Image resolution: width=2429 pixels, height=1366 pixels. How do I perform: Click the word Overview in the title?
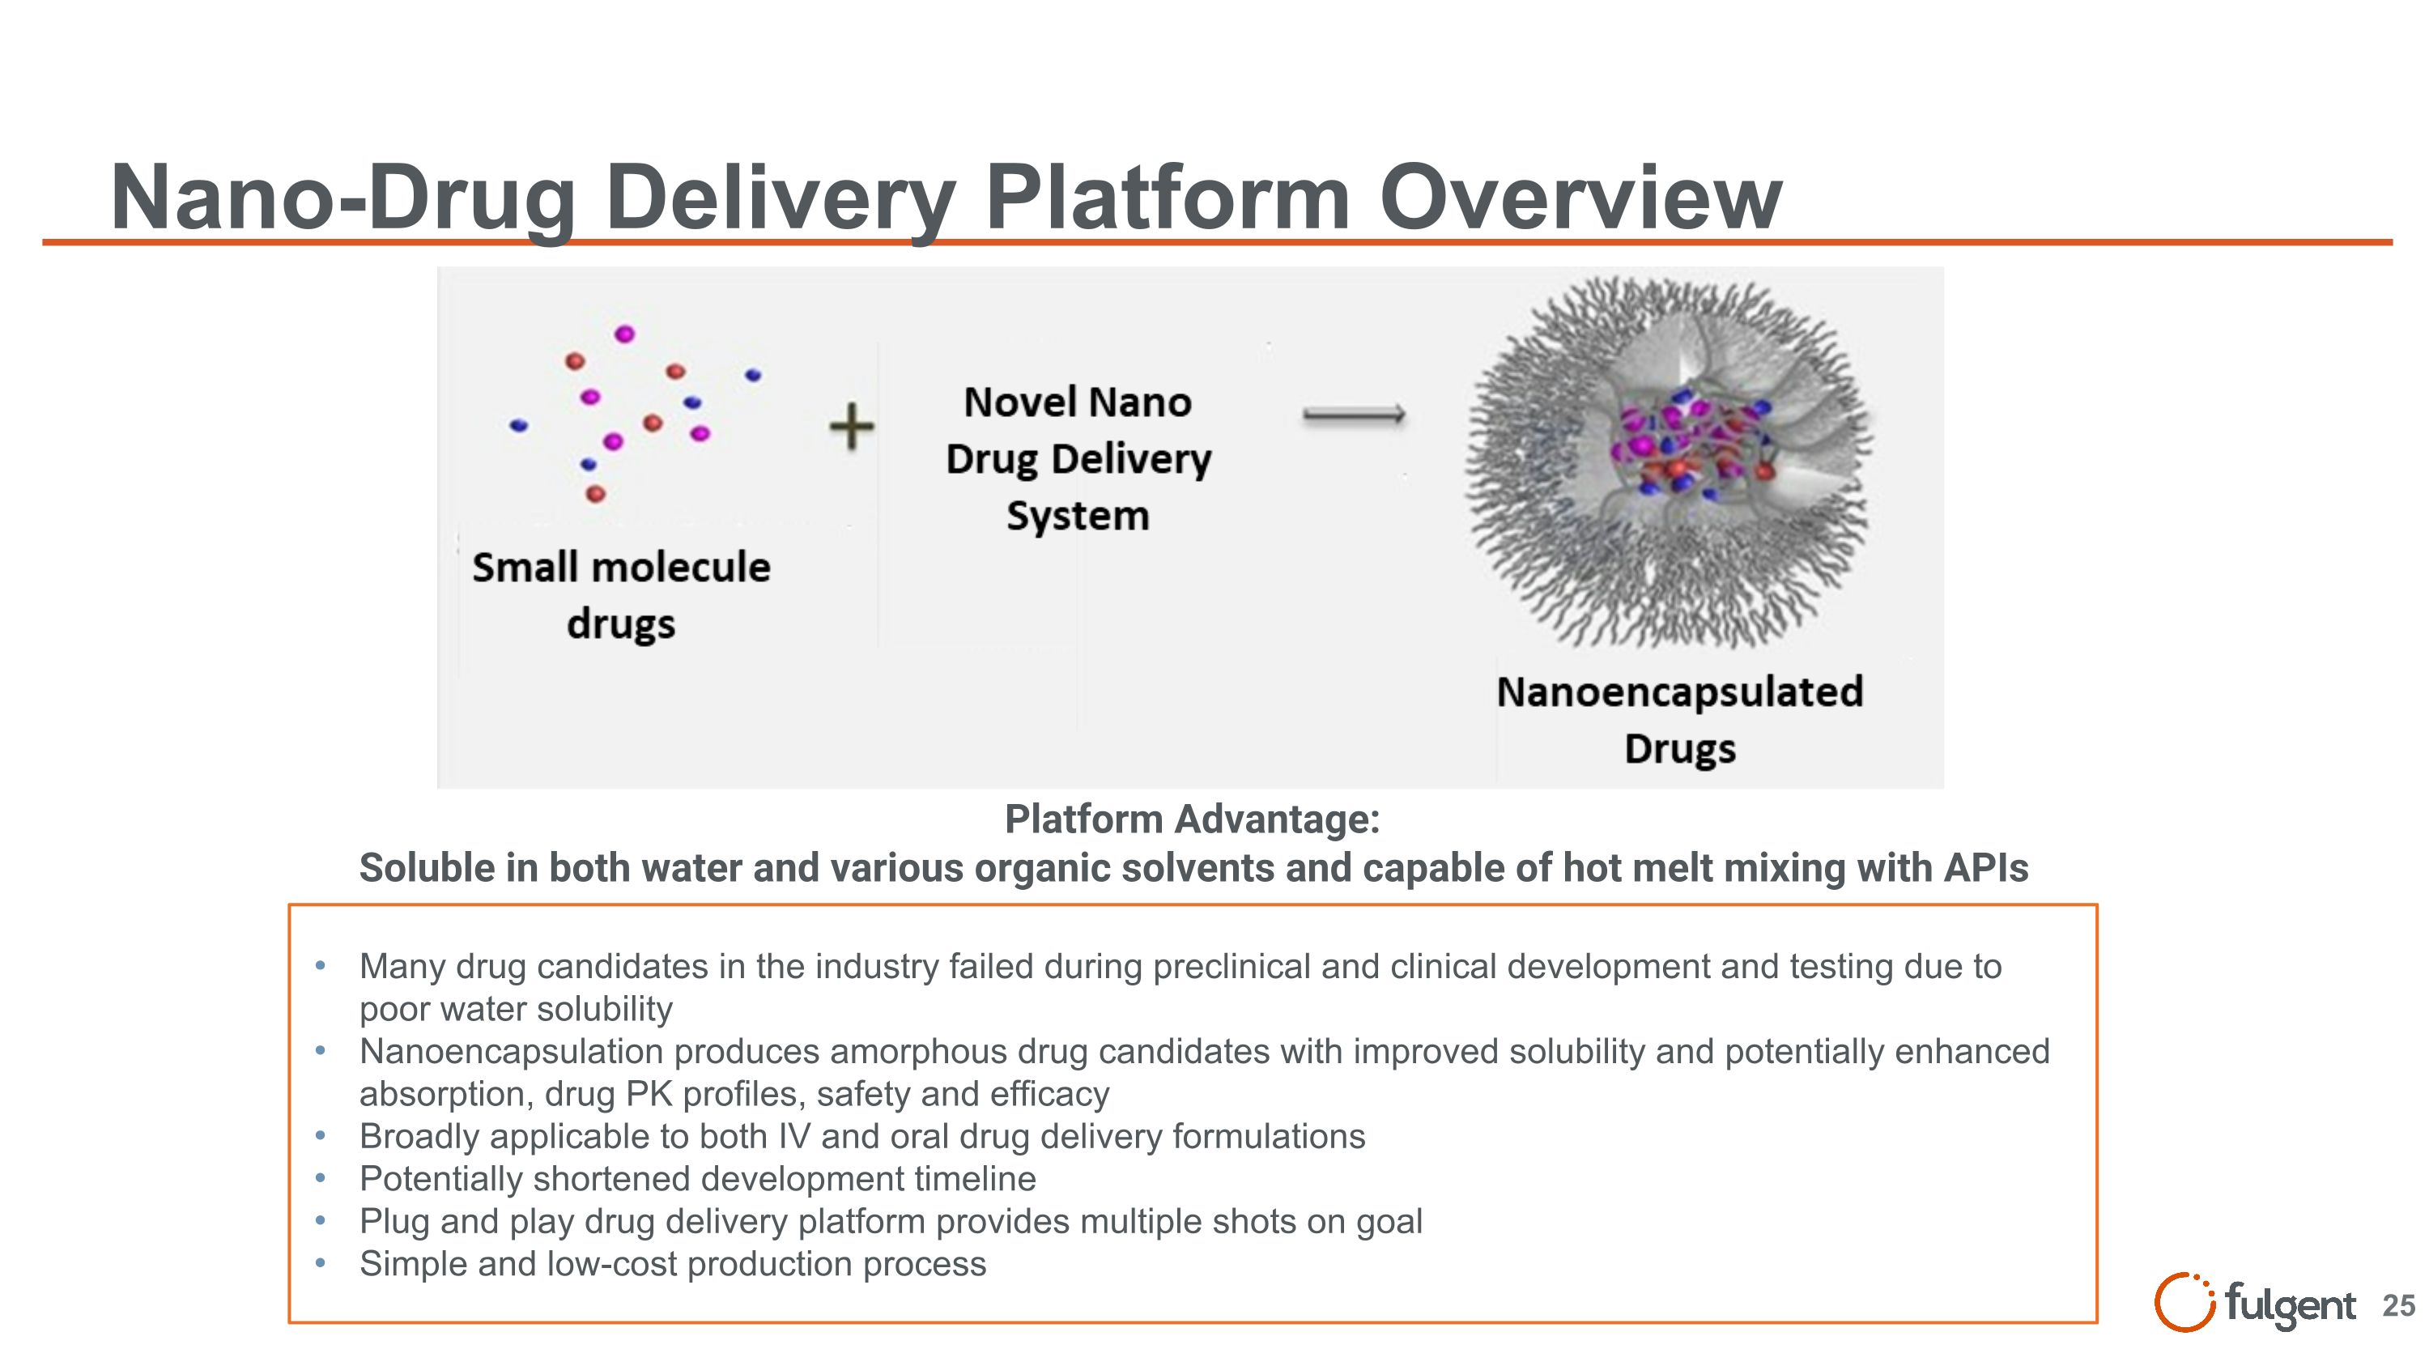point(1580,197)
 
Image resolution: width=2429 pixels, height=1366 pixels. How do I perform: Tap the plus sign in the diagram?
point(852,426)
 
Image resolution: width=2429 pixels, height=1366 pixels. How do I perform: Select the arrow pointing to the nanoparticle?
point(1354,415)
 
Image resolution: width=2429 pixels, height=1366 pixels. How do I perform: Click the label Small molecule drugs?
point(620,595)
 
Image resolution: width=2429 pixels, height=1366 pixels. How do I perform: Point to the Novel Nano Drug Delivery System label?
point(1078,459)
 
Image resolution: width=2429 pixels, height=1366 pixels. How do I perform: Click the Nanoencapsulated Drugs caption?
point(1679,719)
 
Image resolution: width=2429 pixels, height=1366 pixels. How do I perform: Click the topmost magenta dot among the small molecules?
point(624,334)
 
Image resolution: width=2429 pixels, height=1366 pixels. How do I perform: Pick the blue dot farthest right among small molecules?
point(752,375)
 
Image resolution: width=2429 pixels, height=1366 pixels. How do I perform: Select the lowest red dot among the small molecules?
point(595,493)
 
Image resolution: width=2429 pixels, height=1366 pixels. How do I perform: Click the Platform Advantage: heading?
point(1192,819)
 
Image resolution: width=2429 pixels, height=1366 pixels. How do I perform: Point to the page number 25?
point(2398,1305)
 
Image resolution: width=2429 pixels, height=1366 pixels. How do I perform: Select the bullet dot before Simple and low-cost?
point(321,1262)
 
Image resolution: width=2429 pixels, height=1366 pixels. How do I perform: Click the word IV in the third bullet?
point(794,1136)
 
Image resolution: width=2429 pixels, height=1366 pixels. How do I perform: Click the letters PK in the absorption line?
point(649,1094)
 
